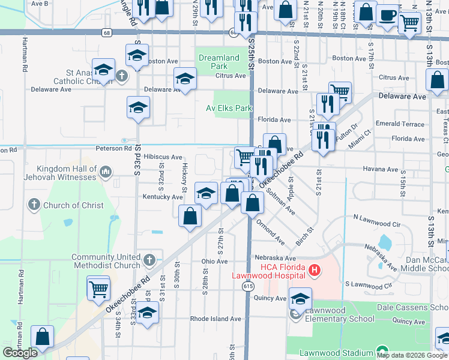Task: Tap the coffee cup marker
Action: pos(388,14)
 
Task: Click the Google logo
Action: pos(20,353)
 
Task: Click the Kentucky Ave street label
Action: pos(162,197)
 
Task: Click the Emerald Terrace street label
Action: pos(400,124)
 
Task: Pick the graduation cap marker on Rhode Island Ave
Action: pos(147,313)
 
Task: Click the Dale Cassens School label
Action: pos(412,307)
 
